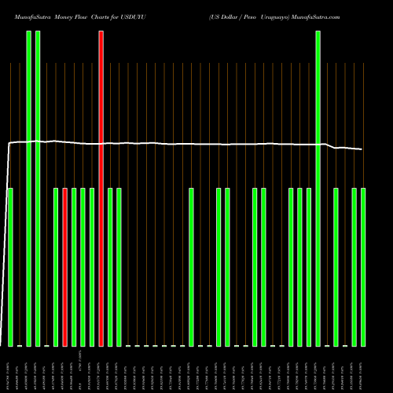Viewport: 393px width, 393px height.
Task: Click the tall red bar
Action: (x=101, y=189)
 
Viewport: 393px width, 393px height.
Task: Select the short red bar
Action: (x=65, y=267)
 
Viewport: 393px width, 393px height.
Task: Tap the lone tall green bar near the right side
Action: (x=318, y=189)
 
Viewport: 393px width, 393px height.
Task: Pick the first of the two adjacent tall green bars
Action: (x=29, y=189)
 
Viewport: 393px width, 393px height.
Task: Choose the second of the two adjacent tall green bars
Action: (x=38, y=189)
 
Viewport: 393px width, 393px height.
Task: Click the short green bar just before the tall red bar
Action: (x=92, y=267)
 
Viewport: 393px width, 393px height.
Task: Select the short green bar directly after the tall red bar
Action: (x=110, y=267)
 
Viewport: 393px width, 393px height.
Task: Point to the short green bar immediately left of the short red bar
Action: (x=56, y=267)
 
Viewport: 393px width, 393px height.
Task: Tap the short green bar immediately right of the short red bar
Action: (x=74, y=267)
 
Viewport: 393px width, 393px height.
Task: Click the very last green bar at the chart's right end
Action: (x=363, y=267)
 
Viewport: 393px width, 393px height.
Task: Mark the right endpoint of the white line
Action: (x=362, y=149)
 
